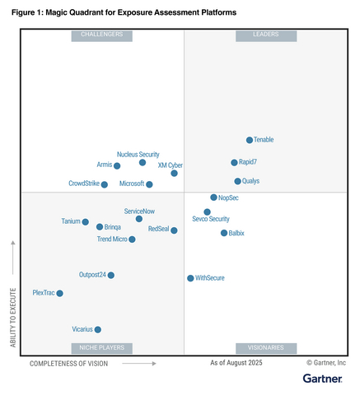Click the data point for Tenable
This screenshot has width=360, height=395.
250,140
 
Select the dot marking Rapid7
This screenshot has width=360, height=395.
234,163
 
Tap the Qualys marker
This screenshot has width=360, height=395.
237,181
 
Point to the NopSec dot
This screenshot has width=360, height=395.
213,197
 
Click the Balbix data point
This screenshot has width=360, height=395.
224,233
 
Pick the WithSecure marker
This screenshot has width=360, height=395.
190,278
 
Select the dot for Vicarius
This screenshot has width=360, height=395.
98,329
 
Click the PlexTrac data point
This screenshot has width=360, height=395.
59,293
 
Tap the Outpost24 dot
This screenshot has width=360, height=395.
111,275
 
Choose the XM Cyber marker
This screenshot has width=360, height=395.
174,173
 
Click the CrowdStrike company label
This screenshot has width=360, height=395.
83,184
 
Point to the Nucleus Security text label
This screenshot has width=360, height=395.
138,154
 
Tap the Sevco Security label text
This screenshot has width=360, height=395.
211,220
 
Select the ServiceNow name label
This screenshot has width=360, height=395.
139,211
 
